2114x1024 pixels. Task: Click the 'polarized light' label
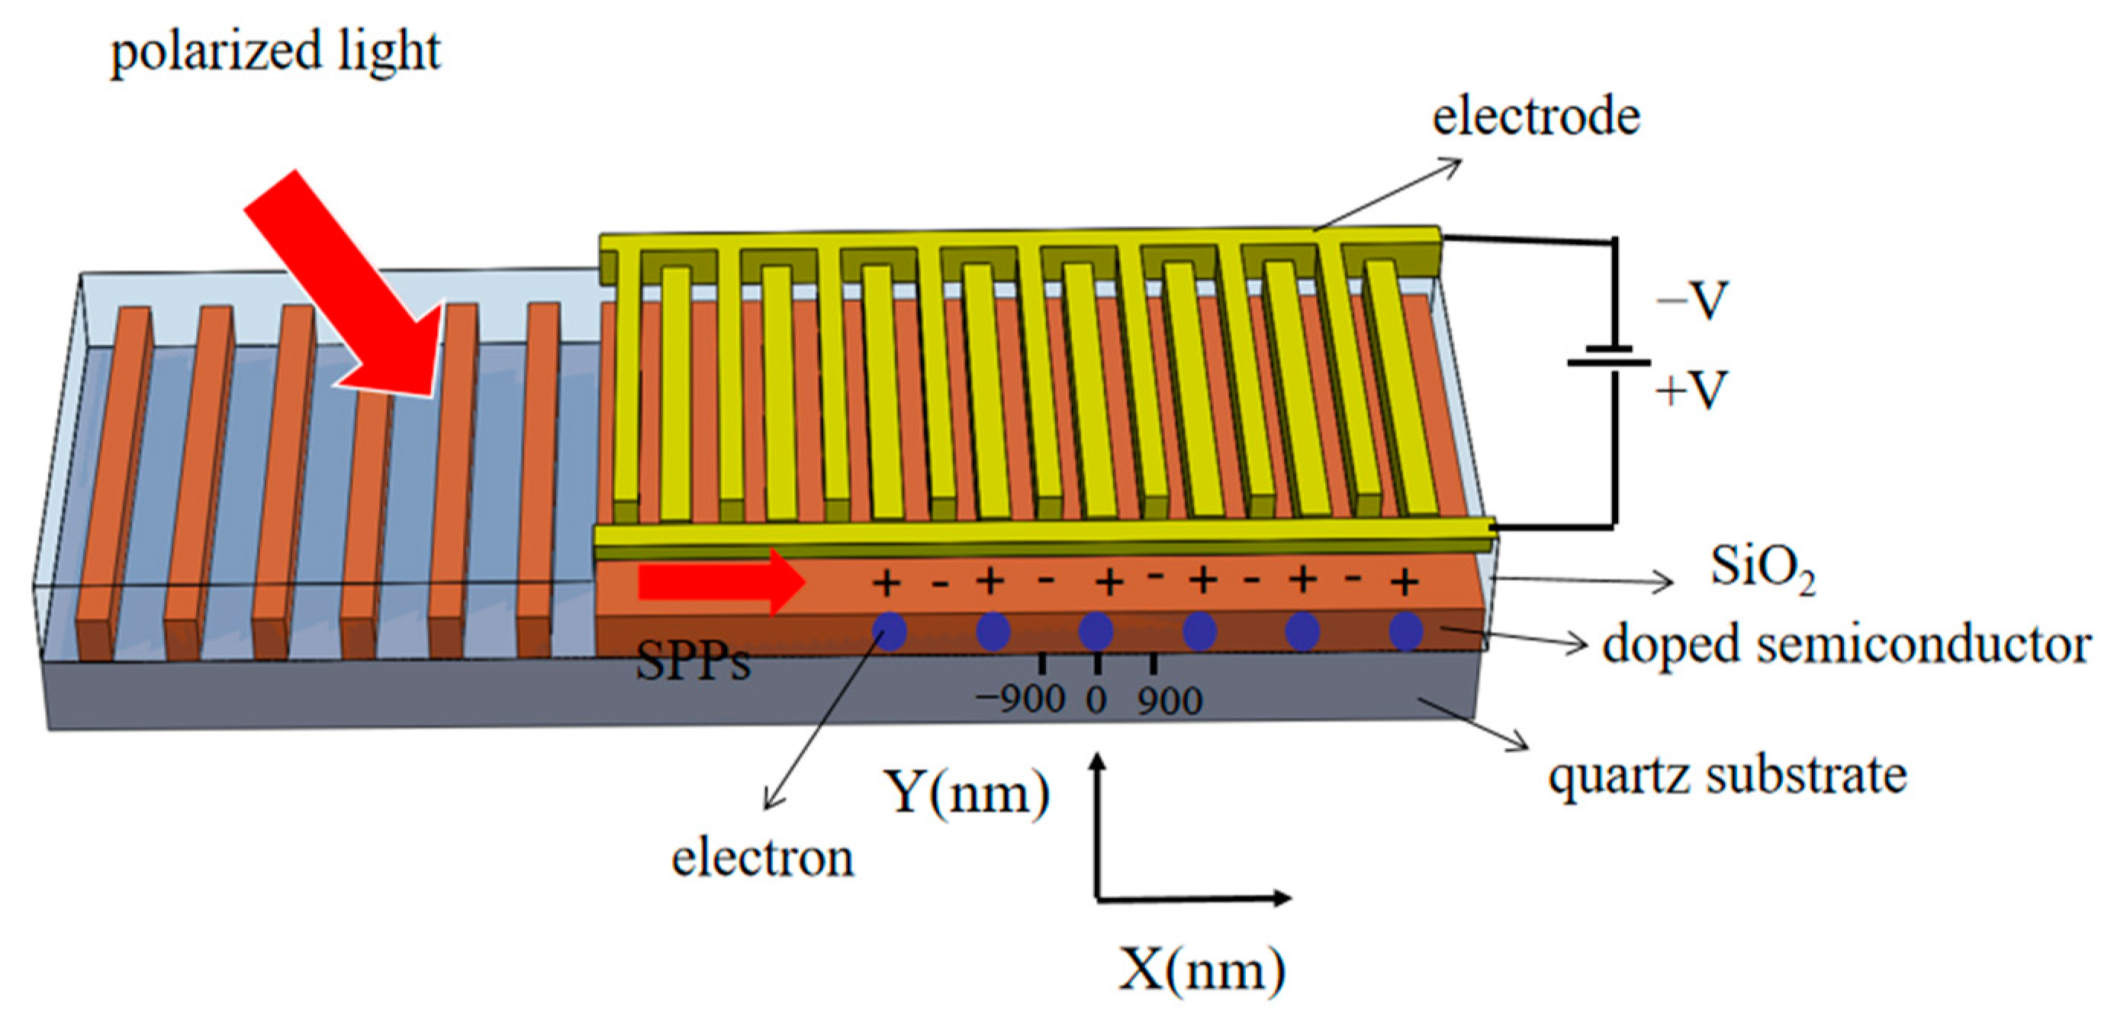coord(275,51)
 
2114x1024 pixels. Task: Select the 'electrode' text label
coord(1536,117)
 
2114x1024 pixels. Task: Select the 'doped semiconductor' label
coord(1846,644)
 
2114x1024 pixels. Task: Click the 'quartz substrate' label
coord(1726,775)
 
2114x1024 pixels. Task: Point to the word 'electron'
coord(762,859)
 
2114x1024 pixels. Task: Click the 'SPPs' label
coord(693,662)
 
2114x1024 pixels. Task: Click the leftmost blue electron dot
coord(890,631)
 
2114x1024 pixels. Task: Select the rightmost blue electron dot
coord(1405,631)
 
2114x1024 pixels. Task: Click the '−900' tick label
coord(1020,700)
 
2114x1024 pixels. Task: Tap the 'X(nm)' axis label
coord(1201,971)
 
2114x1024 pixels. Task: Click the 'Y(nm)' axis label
coord(966,793)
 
